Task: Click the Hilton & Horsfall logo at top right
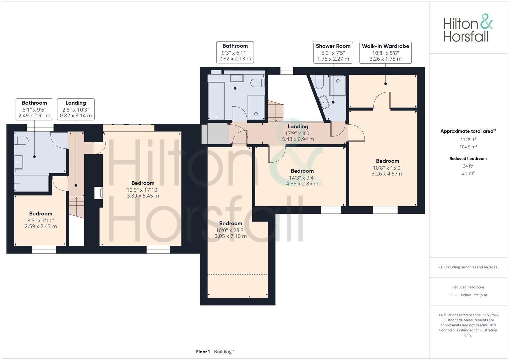(x=468, y=28)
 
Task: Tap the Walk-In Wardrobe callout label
(x=385, y=52)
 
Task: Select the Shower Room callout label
(x=333, y=52)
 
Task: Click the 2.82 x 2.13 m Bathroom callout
(x=235, y=52)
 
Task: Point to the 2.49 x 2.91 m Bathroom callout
(x=34, y=109)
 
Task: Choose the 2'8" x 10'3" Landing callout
(x=76, y=109)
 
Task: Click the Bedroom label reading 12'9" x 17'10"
(x=143, y=189)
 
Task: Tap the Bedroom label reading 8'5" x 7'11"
(x=41, y=220)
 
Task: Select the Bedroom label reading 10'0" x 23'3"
(x=230, y=230)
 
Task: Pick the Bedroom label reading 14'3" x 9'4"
(x=302, y=177)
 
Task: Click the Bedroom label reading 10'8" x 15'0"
(x=387, y=167)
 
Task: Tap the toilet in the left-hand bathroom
(x=21, y=141)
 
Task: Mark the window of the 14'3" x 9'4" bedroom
(x=331, y=210)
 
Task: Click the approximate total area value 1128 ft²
(x=468, y=140)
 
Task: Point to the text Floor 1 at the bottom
(x=203, y=352)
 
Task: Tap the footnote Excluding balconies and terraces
(x=468, y=267)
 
